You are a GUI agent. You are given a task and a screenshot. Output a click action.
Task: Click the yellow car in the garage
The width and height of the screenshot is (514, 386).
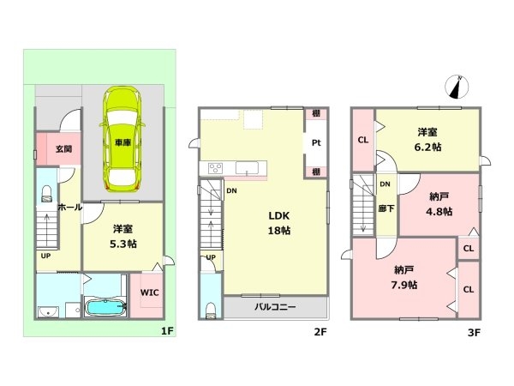(x=123, y=138)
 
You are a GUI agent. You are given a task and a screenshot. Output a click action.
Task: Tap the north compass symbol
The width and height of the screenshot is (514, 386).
(x=457, y=87)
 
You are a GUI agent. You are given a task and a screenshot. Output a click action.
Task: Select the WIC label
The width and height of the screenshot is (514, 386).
(x=149, y=293)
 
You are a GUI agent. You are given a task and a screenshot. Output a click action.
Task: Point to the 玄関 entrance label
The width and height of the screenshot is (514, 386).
(x=63, y=148)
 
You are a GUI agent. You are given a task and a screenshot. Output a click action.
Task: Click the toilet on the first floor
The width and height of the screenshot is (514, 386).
(x=47, y=194)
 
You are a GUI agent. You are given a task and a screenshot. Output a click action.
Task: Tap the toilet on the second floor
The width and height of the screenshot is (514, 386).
(x=211, y=311)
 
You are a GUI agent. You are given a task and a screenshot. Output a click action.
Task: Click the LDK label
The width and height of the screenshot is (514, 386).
(x=279, y=215)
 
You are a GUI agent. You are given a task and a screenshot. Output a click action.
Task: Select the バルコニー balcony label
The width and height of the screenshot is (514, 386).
(x=275, y=307)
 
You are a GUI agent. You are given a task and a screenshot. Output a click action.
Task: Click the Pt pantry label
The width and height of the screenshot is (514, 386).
(x=316, y=142)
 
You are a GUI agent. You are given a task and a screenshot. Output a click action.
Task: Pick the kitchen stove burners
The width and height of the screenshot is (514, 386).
(x=215, y=168)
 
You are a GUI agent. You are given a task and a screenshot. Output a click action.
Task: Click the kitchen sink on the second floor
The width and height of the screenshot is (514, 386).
(x=247, y=168)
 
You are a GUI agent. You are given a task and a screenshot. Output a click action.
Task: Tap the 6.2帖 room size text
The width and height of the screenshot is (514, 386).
(x=427, y=147)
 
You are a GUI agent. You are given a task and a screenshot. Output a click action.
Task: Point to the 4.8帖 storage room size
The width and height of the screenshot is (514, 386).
(x=439, y=211)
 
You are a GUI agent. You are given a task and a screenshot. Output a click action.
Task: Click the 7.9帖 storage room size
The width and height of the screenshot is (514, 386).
(x=403, y=285)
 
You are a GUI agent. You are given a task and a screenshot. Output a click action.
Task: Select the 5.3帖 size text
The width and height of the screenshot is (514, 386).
(x=123, y=244)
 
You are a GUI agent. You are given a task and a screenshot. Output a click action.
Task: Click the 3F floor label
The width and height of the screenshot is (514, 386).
(x=474, y=333)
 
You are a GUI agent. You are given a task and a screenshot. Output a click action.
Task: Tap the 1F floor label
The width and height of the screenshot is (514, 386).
(x=167, y=331)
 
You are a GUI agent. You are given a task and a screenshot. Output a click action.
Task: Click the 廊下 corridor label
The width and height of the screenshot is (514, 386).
(x=385, y=208)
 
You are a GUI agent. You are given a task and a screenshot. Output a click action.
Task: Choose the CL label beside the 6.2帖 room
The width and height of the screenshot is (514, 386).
(x=363, y=140)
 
